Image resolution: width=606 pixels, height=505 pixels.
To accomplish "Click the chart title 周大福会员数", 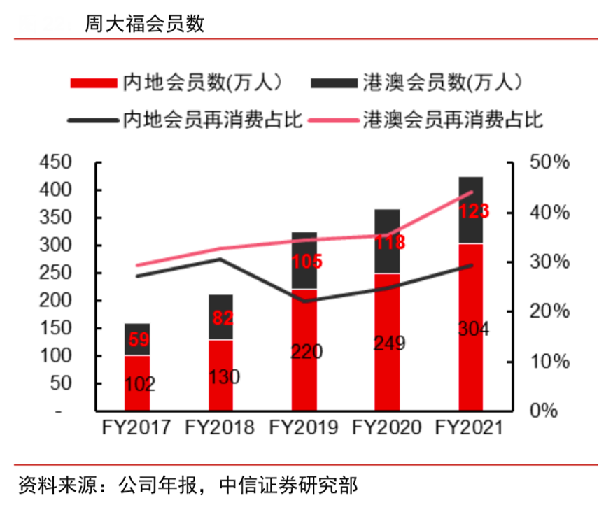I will tap(145, 24).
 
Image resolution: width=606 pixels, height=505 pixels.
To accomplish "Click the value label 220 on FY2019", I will tap(304, 351).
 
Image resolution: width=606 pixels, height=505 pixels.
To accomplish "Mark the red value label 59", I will tap(137, 341).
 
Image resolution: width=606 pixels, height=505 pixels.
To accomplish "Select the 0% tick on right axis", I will tap(543, 411).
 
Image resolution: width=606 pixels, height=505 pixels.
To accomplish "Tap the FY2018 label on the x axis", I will tap(220, 427).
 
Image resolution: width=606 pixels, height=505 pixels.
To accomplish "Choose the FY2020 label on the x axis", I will tap(387, 427).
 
